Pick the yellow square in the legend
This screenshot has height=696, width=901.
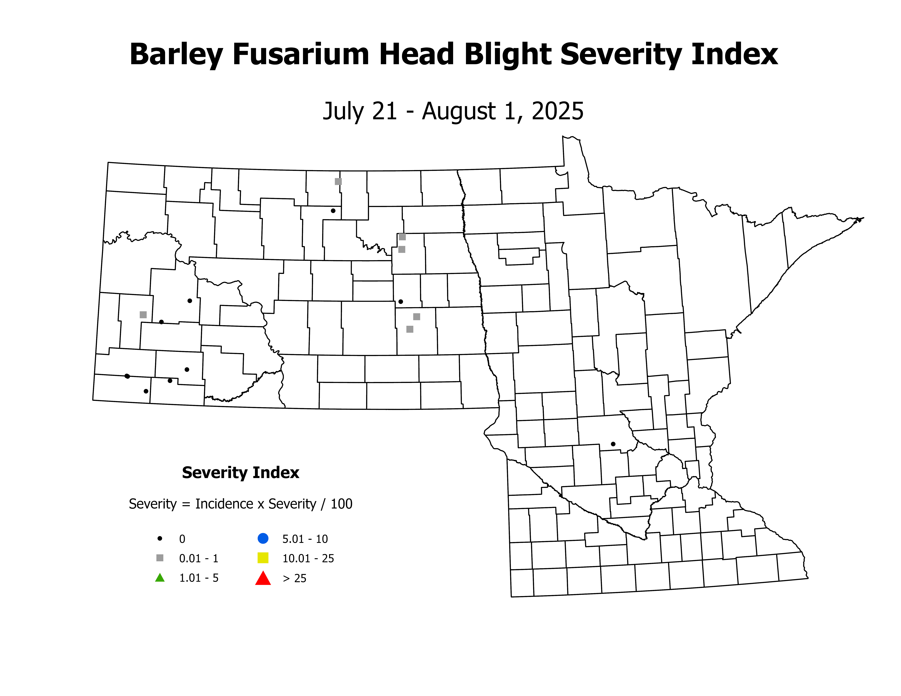click(x=263, y=558)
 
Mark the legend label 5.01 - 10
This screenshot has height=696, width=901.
click(x=305, y=539)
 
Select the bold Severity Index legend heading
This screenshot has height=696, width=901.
click(x=241, y=472)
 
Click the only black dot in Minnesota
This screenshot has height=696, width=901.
click(x=613, y=444)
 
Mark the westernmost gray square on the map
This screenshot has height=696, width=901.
click(x=143, y=315)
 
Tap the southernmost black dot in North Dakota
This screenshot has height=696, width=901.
click(x=146, y=391)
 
